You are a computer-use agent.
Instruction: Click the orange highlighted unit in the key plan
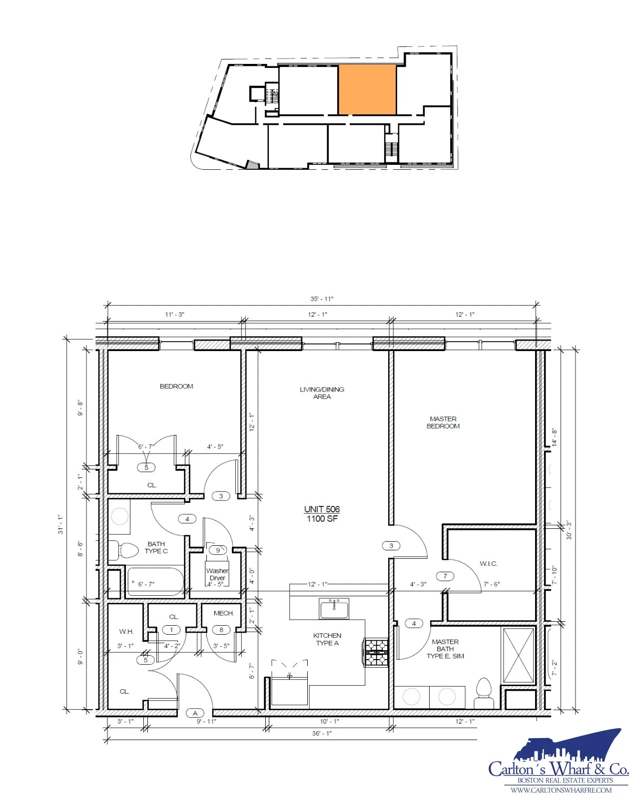point(366,90)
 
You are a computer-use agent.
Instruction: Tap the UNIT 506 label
point(322,509)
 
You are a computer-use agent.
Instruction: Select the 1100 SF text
point(322,519)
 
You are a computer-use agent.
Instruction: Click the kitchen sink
point(334,608)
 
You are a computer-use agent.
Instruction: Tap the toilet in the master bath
point(483,693)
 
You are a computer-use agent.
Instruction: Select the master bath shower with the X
point(518,655)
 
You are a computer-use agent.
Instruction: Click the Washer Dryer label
point(217,574)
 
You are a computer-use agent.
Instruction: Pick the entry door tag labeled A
point(195,713)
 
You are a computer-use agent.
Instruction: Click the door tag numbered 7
point(445,576)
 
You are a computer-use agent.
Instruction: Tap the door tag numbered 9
point(218,550)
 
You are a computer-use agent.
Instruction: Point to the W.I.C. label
point(488,563)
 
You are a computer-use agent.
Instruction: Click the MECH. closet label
point(224,613)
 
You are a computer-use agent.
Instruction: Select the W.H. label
point(126,631)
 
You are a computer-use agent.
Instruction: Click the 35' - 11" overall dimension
point(322,299)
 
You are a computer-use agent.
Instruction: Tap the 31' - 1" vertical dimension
point(60,524)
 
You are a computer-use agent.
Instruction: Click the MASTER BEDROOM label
point(443,422)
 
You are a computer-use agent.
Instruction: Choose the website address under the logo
point(561,790)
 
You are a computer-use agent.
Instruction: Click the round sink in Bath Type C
point(119,516)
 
